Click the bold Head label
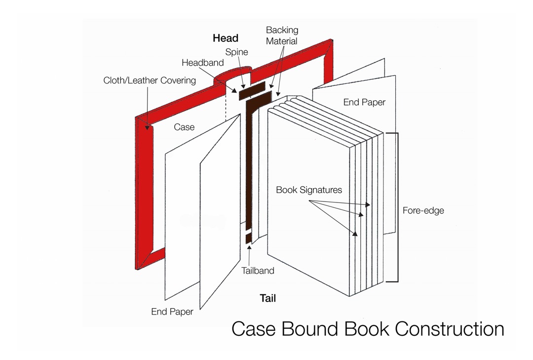point(226,38)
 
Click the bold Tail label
point(267,298)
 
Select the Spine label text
point(236,52)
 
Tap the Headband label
point(202,63)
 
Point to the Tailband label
point(258,271)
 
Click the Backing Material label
point(282,36)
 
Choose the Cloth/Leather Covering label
point(149,80)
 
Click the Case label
point(184,127)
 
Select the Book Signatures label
point(308,190)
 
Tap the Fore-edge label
point(423,210)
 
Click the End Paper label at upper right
point(364,102)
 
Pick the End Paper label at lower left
point(172,312)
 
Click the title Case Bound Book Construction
point(368,329)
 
